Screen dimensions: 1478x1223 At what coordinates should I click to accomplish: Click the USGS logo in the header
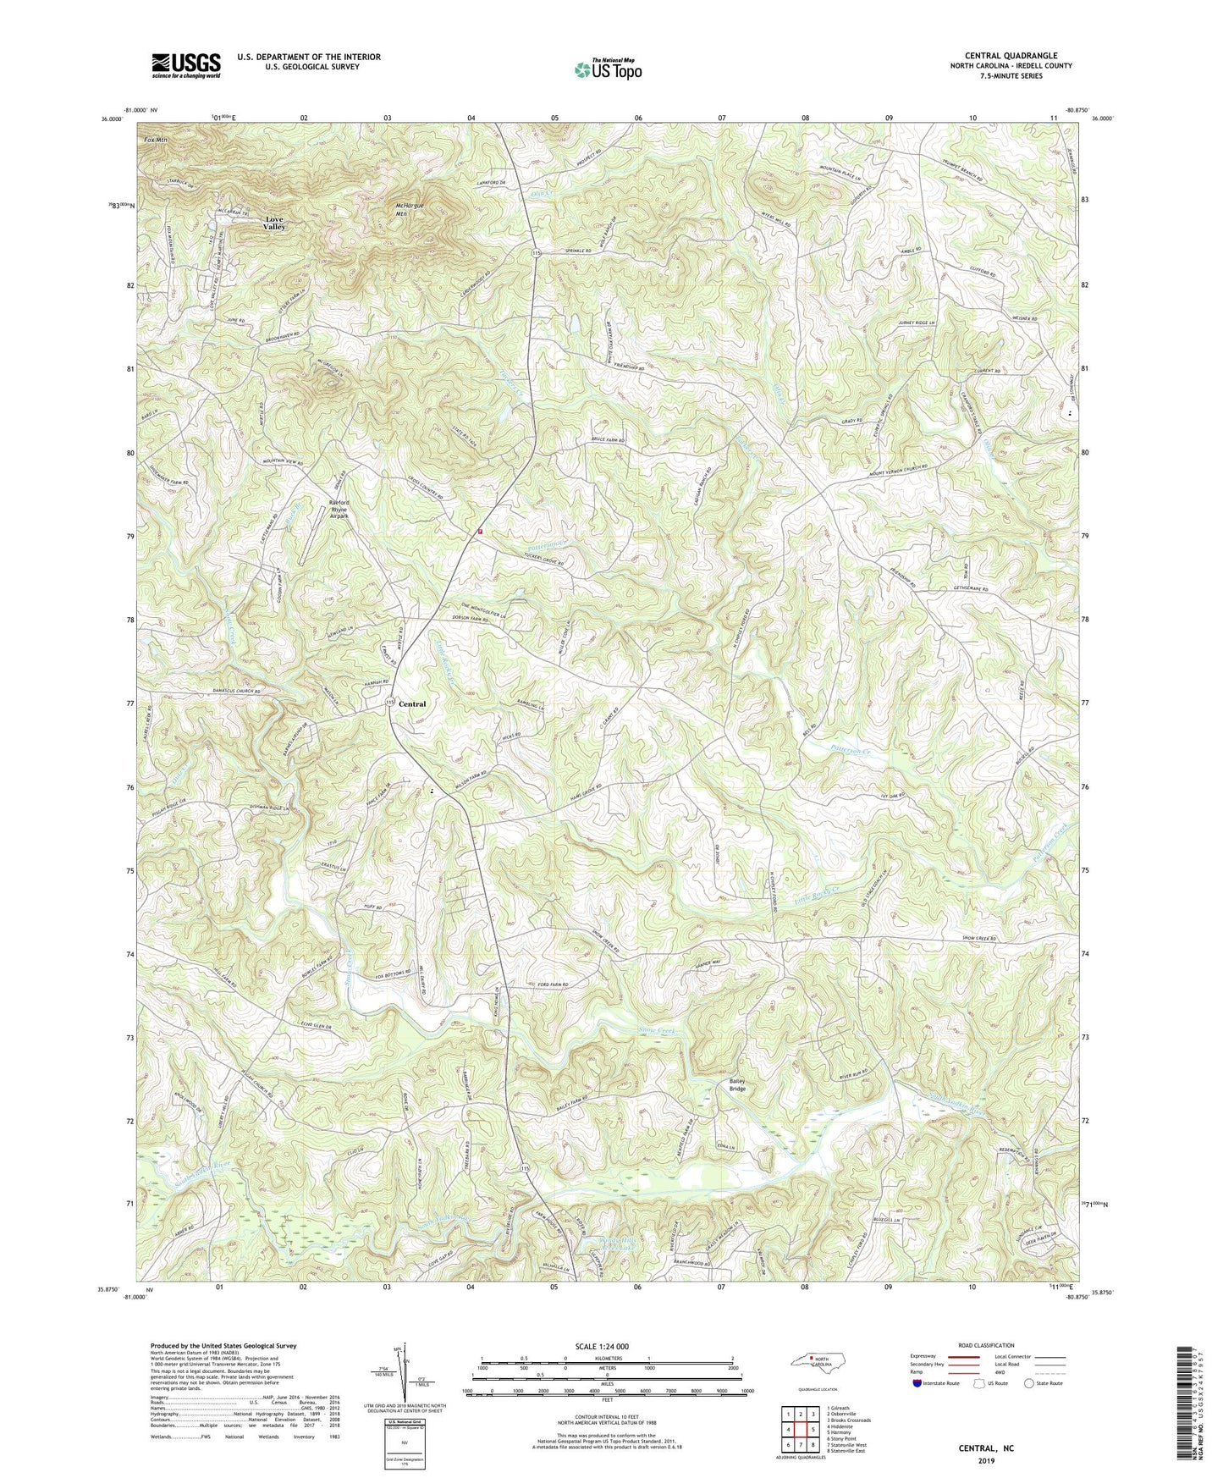pos(186,65)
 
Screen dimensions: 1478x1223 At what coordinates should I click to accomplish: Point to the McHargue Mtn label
pos(413,210)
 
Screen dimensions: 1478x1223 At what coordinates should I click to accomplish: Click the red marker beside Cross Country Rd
pos(480,532)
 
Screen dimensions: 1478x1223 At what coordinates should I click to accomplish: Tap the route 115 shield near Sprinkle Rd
pos(536,253)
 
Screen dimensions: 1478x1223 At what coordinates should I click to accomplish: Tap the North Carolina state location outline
pos(818,1362)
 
